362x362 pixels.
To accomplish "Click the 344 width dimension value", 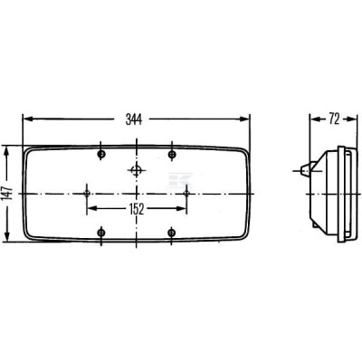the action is pos(134,119).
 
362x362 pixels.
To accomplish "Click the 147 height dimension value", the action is pos(6,194).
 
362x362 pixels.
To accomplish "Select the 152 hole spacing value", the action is pos(137,209).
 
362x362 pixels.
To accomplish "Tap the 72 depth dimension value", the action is pos(334,119).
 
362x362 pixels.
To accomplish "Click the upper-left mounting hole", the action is pos(101,155).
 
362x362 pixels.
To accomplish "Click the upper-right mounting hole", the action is pos(172,155).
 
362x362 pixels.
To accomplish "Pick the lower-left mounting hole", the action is pos(101,233).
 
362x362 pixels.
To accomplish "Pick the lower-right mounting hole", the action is pos(172,233).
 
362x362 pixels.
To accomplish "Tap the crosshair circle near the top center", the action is pos(137,171).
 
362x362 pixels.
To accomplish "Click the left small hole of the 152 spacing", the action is pos(87,193).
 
